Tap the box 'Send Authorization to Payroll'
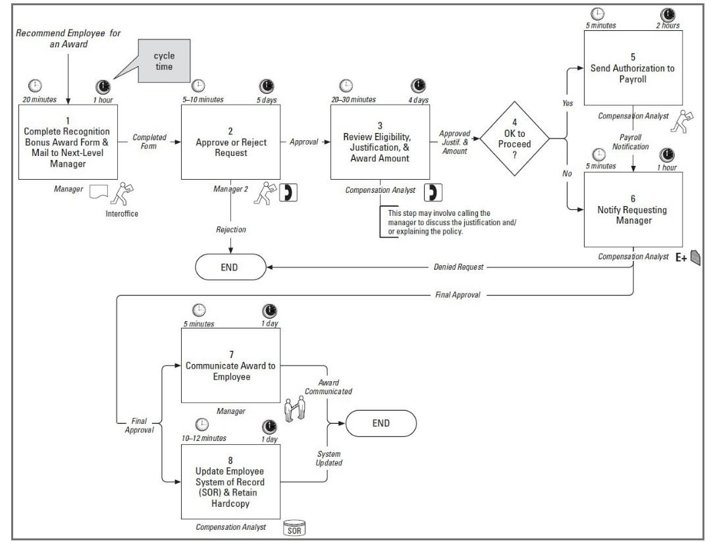[633, 68]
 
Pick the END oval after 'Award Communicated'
[381, 423]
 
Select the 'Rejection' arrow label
[230, 230]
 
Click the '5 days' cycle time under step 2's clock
[267, 99]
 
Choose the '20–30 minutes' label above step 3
[353, 99]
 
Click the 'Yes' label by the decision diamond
[567, 103]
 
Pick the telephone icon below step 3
[432, 192]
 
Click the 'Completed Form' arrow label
[149, 141]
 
